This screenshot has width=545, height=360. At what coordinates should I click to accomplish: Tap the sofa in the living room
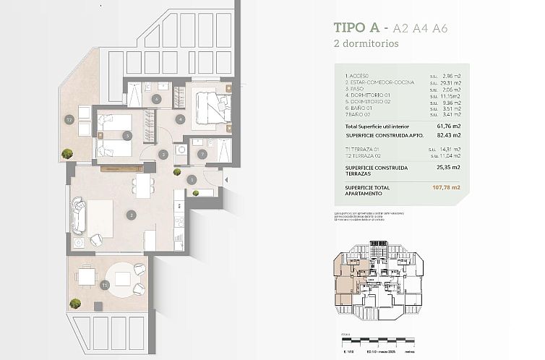pos(80,214)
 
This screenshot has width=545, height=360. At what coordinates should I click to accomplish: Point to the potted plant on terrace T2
pos(67,153)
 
